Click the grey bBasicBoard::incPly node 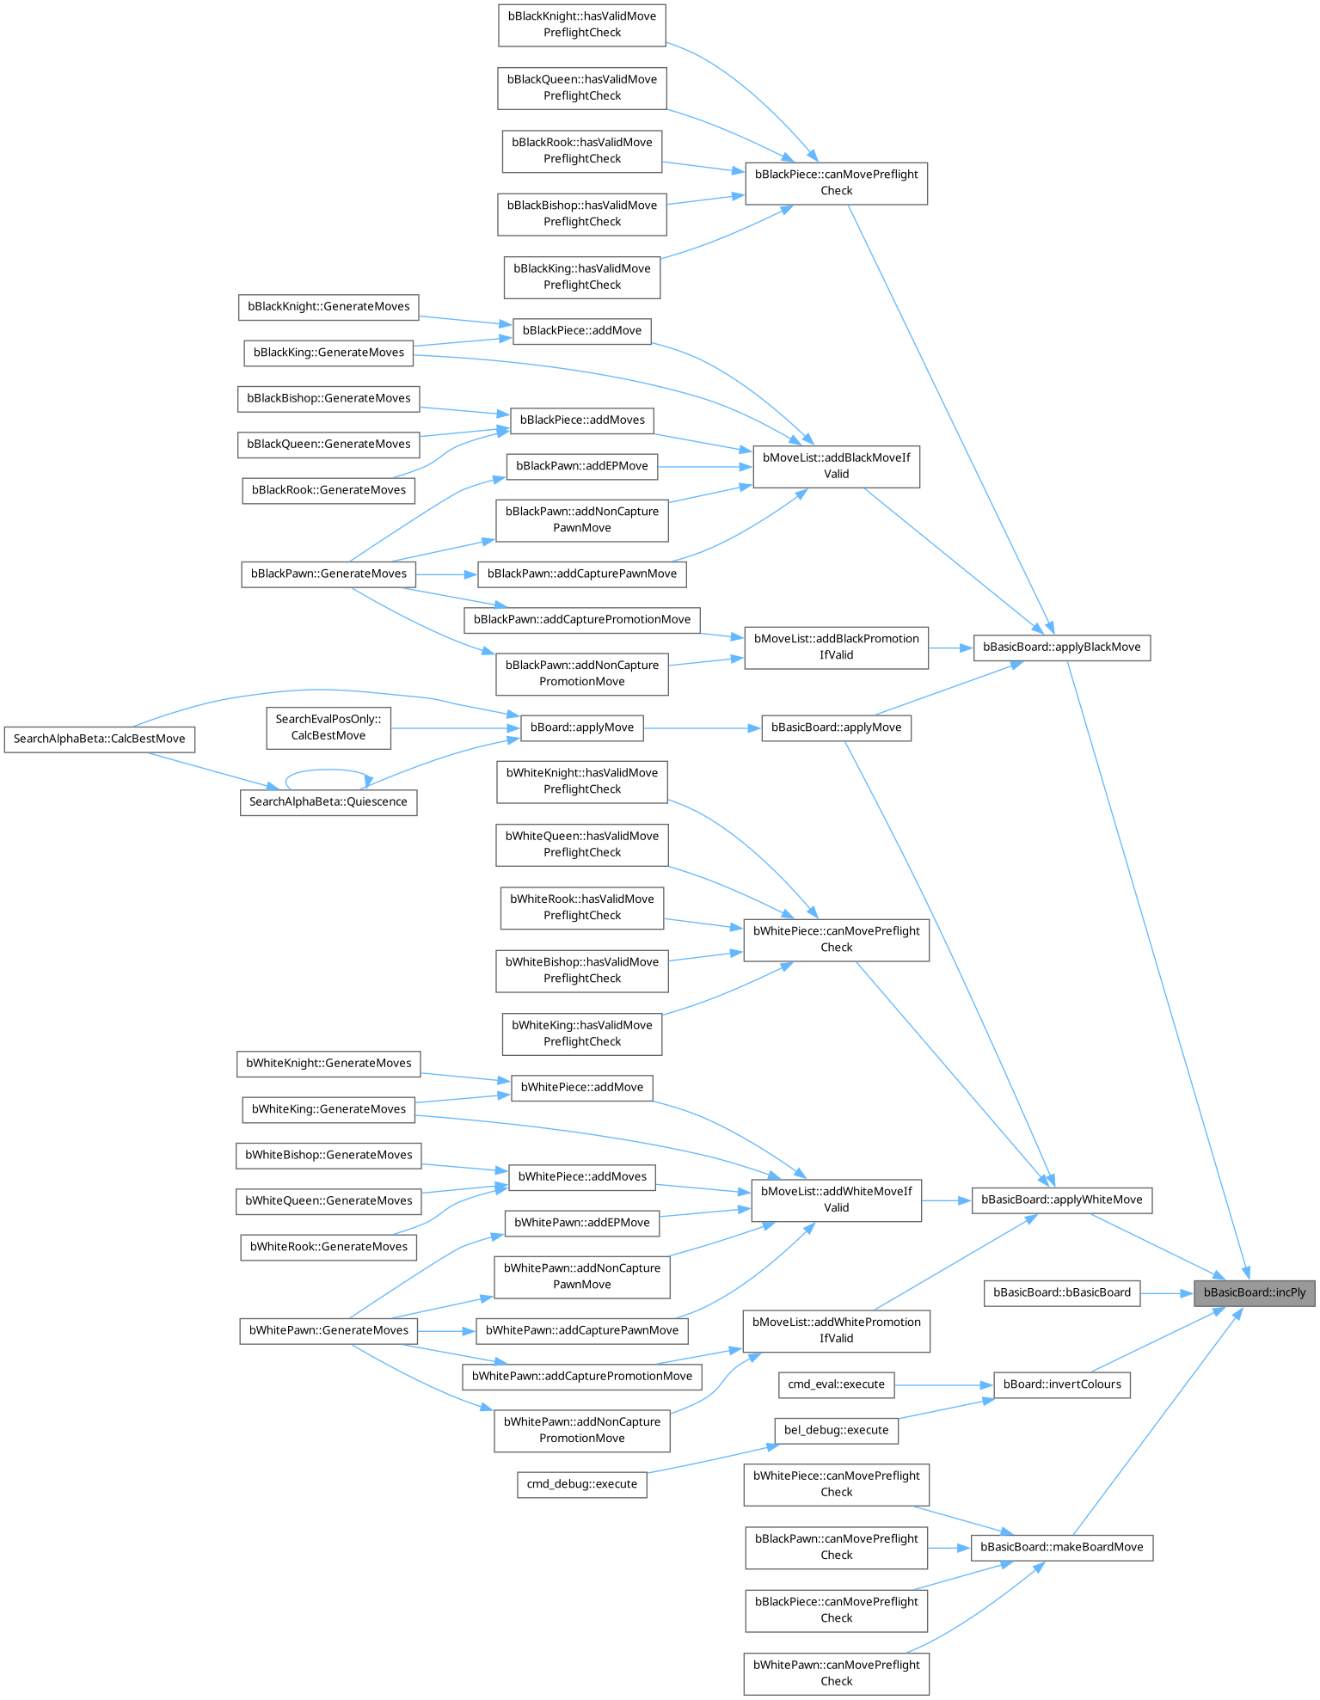(x=1254, y=1292)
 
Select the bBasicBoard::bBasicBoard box (x=1062, y=1292)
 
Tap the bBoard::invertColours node (x=1062, y=1384)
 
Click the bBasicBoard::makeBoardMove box (x=1062, y=1547)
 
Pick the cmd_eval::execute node (x=836, y=1384)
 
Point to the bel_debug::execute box (x=836, y=1430)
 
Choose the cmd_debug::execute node (x=582, y=1484)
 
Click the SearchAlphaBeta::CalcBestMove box (x=99, y=739)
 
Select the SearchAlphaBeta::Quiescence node (x=328, y=802)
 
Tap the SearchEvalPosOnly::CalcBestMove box (x=328, y=727)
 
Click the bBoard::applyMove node (x=582, y=727)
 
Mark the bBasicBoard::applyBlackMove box (x=1062, y=647)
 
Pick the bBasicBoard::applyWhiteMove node (x=1062, y=1200)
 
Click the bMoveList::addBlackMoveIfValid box (x=836, y=466)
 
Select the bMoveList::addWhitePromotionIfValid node (x=836, y=1330)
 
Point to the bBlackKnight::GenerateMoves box (x=328, y=307)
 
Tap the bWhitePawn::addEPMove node (x=582, y=1223)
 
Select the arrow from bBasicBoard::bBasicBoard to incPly (x=1166, y=1292)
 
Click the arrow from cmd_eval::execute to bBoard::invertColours (x=943, y=1384)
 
